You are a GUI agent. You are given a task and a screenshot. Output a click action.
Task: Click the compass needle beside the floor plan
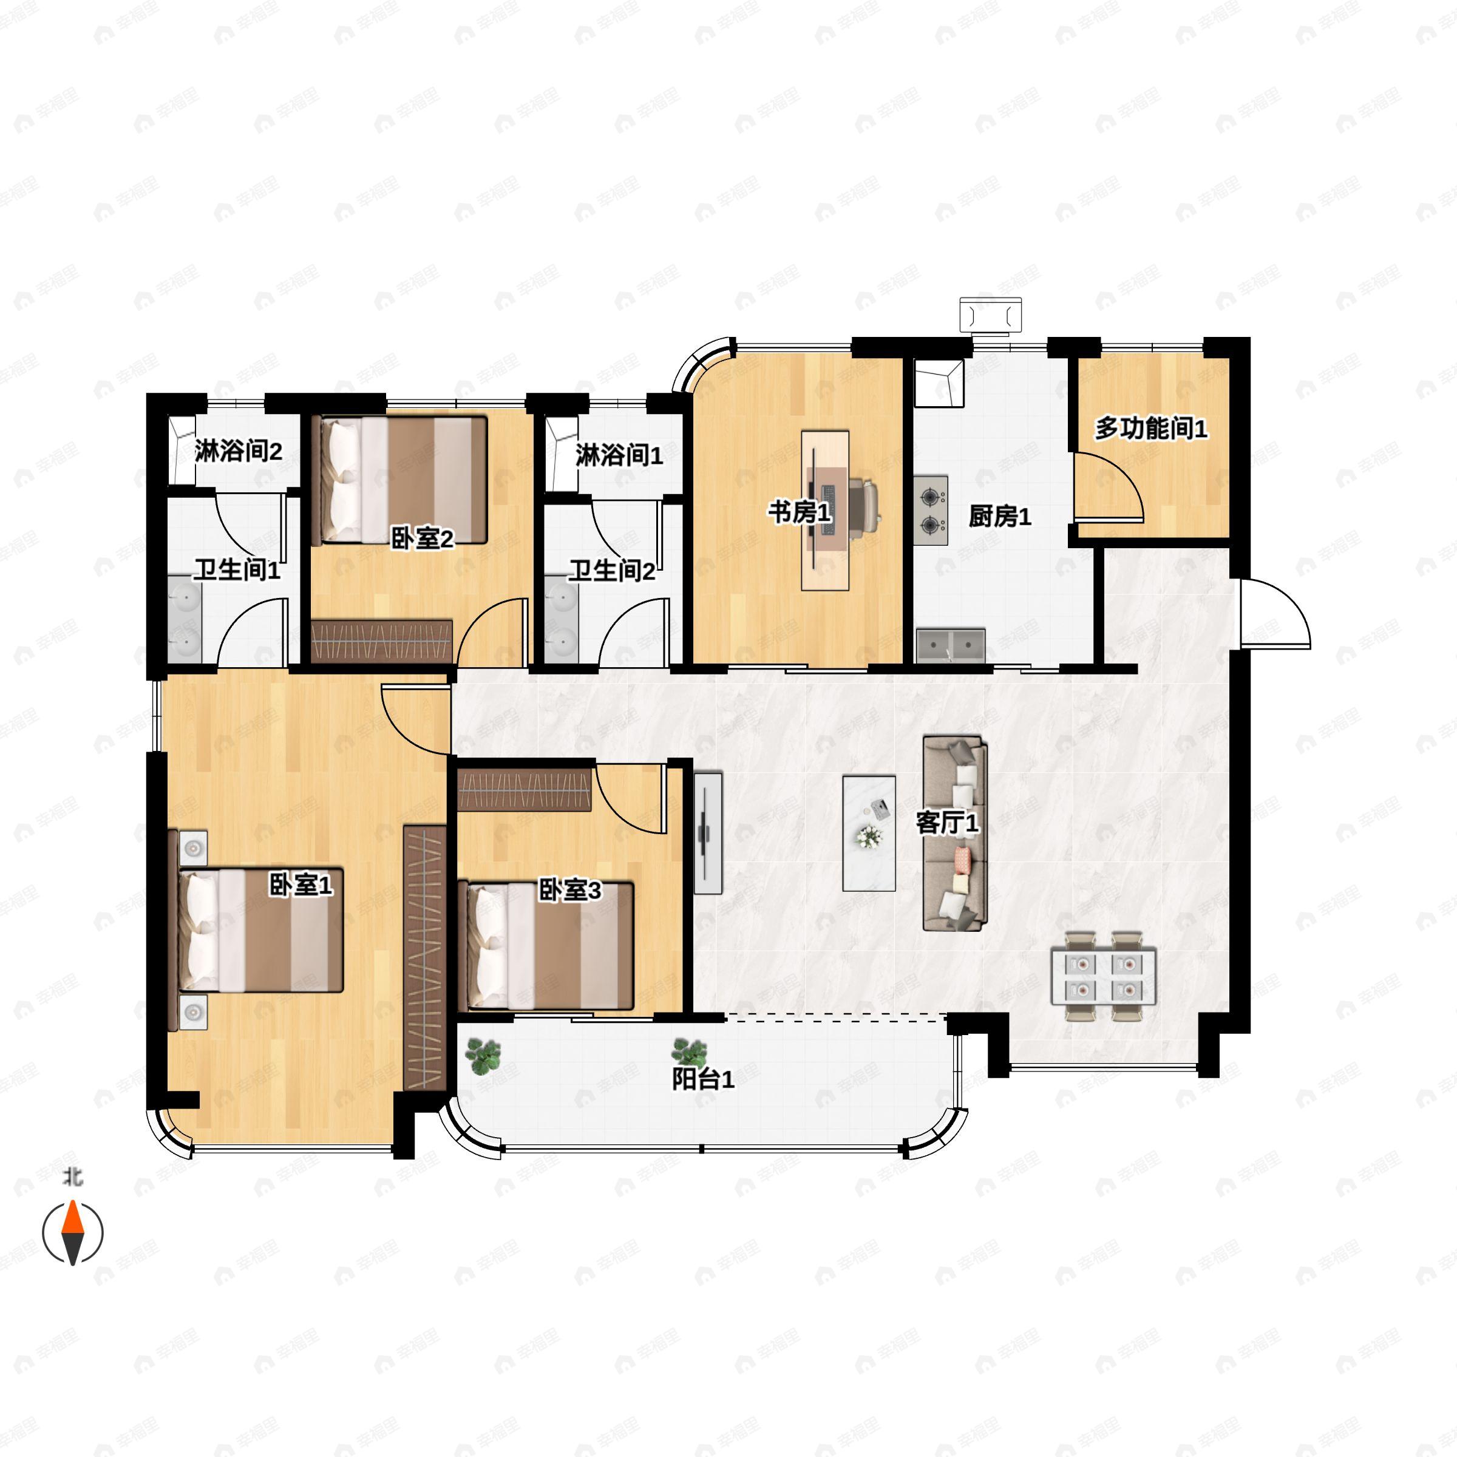[x=72, y=1233]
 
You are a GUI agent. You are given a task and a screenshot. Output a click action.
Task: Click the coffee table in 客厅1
[x=869, y=834]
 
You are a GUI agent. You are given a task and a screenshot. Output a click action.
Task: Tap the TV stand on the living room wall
[x=707, y=832]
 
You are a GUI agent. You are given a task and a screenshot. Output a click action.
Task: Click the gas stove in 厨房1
[x=931, y=510]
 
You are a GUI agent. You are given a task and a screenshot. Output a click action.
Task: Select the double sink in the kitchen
[x=951, y=645]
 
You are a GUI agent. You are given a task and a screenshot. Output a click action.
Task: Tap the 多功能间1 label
[x=1151, y=429]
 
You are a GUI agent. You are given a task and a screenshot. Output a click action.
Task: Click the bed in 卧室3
[x=545, y=946]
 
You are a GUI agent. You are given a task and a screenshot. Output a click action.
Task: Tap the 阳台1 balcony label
[x=703, y=1080]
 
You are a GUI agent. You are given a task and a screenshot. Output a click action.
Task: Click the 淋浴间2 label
[x=239, y=451]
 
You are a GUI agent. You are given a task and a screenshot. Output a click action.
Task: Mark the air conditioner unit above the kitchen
[x=990, y=314]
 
